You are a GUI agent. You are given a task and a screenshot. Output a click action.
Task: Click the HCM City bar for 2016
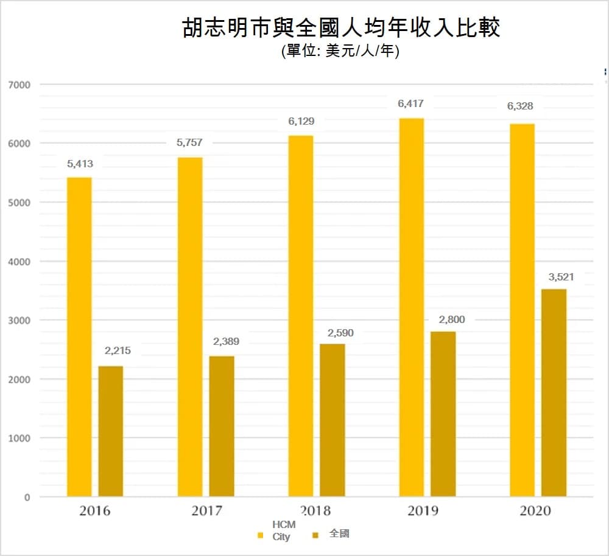pos(79,338)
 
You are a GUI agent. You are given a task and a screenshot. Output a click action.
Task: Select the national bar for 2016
pos(111,432)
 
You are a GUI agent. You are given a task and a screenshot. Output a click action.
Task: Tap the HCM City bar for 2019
pos(411,307)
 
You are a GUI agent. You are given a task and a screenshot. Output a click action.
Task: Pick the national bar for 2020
pos(554,393)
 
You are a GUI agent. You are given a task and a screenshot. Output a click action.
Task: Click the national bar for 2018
pos(333,420)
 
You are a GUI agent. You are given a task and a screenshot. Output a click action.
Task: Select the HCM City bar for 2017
pos(190,327)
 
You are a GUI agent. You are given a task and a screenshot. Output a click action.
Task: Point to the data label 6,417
pos(410,104)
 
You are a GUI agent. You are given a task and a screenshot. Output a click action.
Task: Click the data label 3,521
pos(561,277)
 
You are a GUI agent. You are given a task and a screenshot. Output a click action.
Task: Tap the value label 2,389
pos(226,342)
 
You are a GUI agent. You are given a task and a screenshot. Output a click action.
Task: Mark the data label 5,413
pos(79,164)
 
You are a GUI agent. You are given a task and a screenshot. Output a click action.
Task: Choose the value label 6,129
pos(301,122)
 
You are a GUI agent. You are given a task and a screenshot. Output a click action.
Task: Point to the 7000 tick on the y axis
pos(19,85)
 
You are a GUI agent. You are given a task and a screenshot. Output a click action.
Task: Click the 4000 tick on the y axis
pos(19,262)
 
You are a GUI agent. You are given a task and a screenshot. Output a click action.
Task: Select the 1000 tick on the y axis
pos(19,438)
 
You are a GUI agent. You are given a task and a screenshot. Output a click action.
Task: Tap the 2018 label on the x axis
pos(315,510)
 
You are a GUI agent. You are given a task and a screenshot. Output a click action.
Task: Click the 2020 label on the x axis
pos(535,510)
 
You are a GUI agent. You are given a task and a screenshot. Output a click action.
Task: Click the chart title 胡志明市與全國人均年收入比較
pos(341,28)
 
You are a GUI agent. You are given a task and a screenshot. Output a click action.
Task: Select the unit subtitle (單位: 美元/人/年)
pos(340,52)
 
